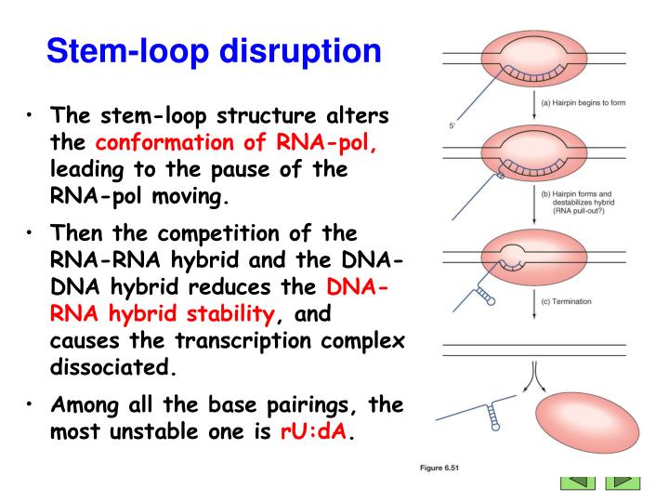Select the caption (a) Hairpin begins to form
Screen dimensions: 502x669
pyautogui.click(x=584, y=102)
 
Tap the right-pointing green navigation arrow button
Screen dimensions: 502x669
pyautogui.click(x=623, y=482)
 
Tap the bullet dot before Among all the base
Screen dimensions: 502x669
pyautogui.click(x=31, y=406)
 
